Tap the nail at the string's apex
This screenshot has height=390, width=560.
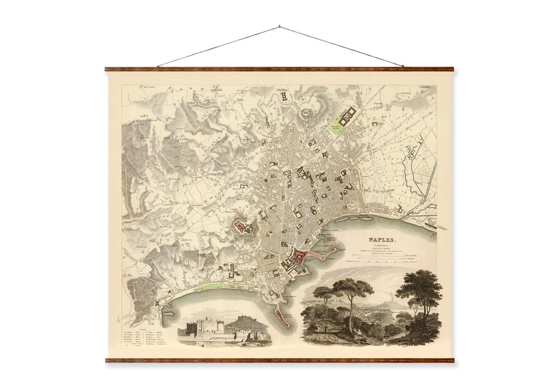(279, 25)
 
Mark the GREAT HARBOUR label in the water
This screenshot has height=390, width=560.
(325, 241)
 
